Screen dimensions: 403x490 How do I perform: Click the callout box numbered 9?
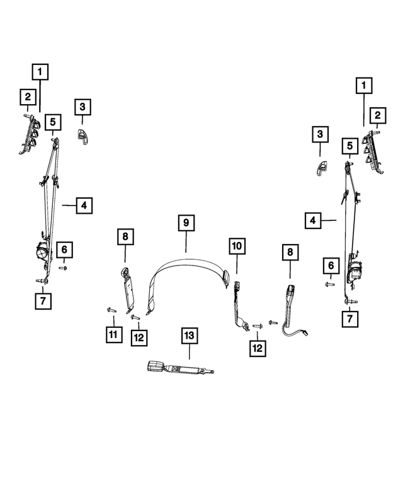186,223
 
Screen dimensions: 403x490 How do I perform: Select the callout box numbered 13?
190,335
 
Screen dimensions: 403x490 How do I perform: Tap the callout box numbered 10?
237,246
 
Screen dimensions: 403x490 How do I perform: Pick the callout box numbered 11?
114,334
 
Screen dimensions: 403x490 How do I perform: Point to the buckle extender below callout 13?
180,367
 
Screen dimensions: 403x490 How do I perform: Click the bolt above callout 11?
111,310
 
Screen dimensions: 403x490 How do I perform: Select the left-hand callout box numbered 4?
84,206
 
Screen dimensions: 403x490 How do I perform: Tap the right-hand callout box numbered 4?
313,220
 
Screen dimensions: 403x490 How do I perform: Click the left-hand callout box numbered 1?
40,72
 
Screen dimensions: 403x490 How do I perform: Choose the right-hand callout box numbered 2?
377,115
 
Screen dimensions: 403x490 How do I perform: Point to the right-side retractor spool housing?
354,269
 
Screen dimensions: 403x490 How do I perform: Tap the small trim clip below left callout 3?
82,137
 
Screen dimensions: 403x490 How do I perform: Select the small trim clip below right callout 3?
321,168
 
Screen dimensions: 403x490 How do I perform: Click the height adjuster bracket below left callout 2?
30,134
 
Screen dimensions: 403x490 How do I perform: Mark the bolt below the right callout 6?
330,284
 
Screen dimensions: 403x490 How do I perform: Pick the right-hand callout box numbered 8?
290,252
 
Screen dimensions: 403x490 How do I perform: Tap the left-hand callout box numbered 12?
139,337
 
